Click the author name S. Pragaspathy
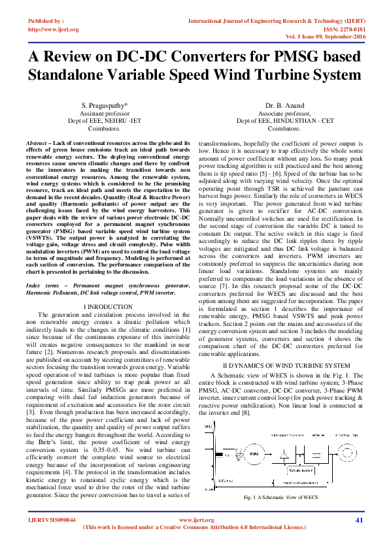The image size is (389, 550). (x=104, y=106)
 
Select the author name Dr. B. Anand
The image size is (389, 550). (x=284, y=106)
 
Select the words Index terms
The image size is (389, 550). (x=42, y=286)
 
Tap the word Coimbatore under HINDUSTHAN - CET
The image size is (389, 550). (x=284, y=129)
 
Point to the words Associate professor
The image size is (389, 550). (x=284, y=113)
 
